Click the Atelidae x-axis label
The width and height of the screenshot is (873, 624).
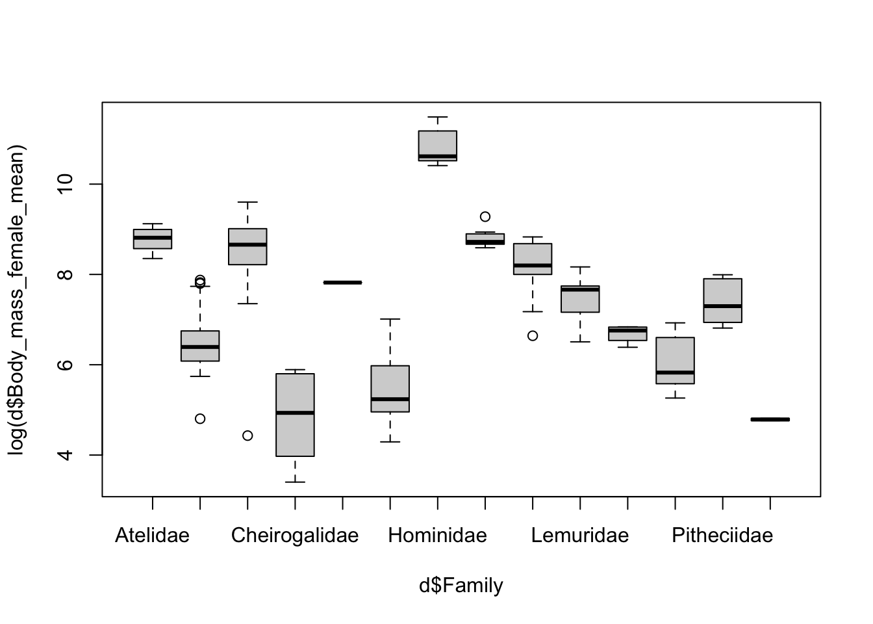pyautogui.click(x=152, y=536)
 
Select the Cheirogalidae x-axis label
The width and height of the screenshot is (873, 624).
pyautogui.click(x=295, y=536)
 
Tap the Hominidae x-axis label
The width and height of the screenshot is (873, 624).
pyautogui.click(x=437, y=536)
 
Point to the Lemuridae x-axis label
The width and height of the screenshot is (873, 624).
pyautogui.click(x=580, y=536)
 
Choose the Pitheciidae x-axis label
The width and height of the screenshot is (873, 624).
pyautogui.click(x=722, y=536)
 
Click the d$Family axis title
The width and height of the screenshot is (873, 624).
pyautogui.click(x=461, y=586)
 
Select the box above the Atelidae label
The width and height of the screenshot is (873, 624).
pyautogui.click(x=152, y=239)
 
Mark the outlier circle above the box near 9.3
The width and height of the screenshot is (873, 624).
pyautogui.click(x=485, y=216)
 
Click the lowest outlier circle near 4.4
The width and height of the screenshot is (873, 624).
pyautogui.click(x=247, y=435)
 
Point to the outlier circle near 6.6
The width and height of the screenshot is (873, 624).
pyautogui.click(x=533, y=335)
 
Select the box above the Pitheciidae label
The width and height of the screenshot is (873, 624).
pyautogui.click(x=722, y=300)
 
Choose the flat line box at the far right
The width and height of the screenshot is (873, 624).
pyautogui.click(x=770, y=419)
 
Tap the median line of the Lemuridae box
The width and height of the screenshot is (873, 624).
pyautogui.click(x=580, y=289)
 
